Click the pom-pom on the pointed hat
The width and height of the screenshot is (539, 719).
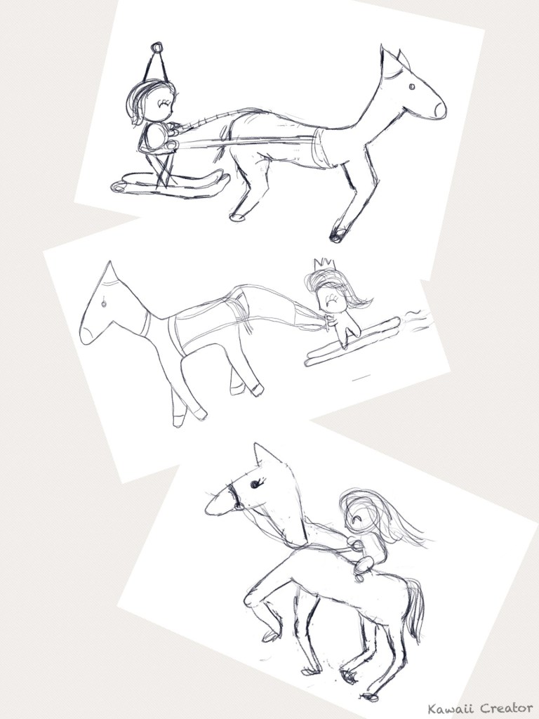[x=157, y=47]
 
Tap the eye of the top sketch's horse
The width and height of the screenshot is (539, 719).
[x=411, y=86]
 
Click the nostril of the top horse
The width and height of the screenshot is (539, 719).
[x=439, y=109]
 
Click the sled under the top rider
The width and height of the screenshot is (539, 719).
[x=170, y=183]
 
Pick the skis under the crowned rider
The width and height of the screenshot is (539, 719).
[x=351, y=342]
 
